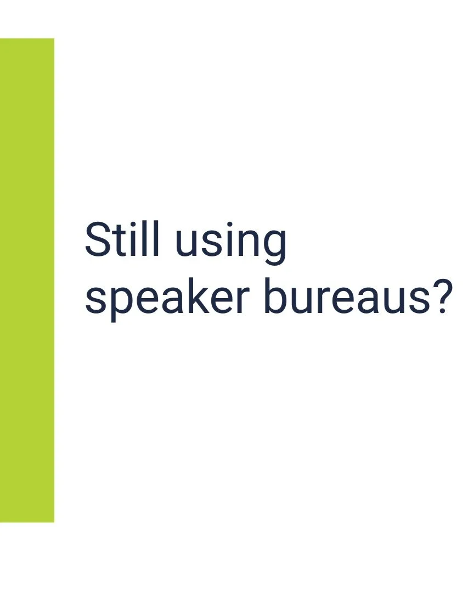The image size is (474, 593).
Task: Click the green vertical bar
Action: point(27,280)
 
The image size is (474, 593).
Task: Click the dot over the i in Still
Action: point(137,225)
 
